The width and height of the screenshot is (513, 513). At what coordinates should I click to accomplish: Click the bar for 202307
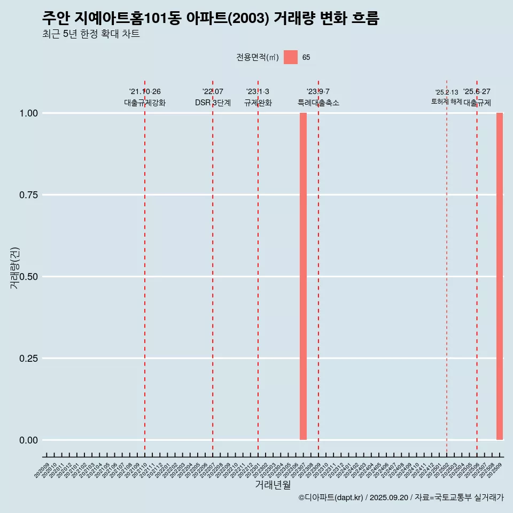pyautogui.click(x=303, y=276)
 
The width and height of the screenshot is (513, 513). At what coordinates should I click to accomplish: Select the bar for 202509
pyautogui.click(x=500, y=276)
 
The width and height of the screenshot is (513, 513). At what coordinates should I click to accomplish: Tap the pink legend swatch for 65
pyautogui.click(x=291, y=57)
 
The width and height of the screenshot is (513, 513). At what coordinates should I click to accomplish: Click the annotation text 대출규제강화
pyautogui.click(x=145, y=103)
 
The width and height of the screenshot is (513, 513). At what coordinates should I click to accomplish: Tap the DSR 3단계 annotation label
pyautogui.click(x=213, y=103)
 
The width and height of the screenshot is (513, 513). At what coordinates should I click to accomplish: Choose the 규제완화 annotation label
pyautogui.click(x=258, y=103)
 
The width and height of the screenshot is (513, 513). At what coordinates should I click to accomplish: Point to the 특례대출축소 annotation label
pyautogui.click(x=318, y=103)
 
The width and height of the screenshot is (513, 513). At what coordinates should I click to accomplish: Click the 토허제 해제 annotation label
pyautogui.click(x=446, y=102)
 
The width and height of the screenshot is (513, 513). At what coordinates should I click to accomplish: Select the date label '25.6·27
pyautogui.click(x=477, y=92)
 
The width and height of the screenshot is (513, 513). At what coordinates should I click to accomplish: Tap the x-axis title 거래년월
pyautogui.click(x=273, y=485)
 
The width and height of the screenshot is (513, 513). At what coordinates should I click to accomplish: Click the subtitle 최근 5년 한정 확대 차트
pyautogui.click(x=91, y=34)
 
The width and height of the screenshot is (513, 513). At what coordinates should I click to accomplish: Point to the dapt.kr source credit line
pyautogui.click(x=401, y=498)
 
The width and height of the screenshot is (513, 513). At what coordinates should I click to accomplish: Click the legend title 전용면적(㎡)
pyautogui.click(x=258, y=58)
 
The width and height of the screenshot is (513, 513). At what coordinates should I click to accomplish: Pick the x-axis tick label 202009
pyautogui.click(x=42, y=471)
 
